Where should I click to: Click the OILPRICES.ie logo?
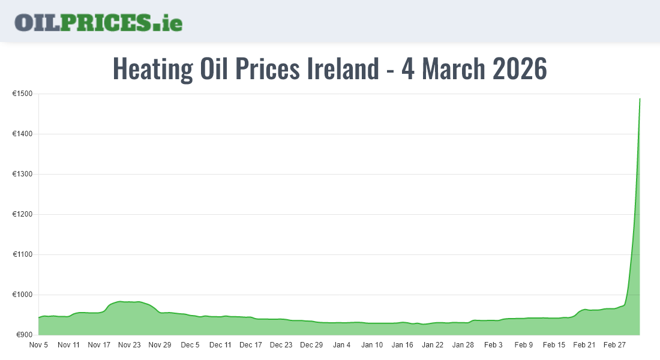tap(98, 22)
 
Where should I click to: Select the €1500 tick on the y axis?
tap(22, 94)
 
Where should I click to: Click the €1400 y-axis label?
tap(22, 134)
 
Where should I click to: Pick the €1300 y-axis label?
tap(22, 175)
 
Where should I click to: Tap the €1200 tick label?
tap(22, 215)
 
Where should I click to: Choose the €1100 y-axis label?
tap(22, 255)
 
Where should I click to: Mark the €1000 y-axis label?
tap(22, 295)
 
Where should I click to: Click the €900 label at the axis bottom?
tap(24, 335)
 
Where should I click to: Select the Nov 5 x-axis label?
tap(38, 345)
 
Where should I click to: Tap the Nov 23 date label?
tap(129, 345)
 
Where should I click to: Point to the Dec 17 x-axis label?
tap(250, 345)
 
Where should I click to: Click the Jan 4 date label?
tap(341, 345)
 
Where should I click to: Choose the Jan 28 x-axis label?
tap(463, 345)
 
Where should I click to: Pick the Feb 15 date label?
tap(554, 345)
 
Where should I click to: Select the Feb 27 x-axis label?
tap(614, 345)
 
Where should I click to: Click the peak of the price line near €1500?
tap(640, 99)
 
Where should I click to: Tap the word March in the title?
tap(453, 69)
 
